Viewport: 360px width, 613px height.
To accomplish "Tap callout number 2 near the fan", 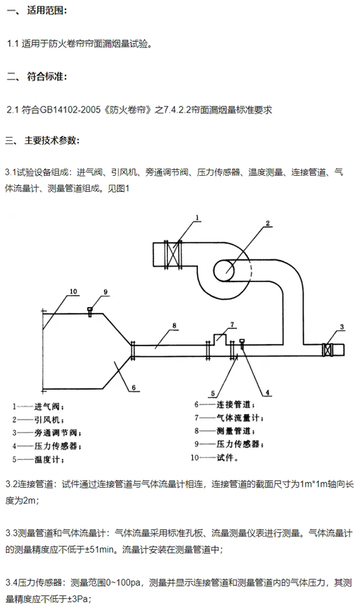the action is coord(268,224).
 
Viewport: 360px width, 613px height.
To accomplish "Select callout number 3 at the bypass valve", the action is coord(341,326).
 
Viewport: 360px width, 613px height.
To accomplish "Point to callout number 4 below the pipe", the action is coord(268,392).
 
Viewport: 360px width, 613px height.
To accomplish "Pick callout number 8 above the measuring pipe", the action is coord(175,326).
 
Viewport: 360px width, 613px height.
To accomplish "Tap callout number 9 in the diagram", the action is coord(105,292).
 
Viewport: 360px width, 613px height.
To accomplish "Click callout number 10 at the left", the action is coord(73,292).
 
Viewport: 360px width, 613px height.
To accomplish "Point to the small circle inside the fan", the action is coord(224,270).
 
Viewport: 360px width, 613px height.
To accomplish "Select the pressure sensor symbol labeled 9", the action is coord(90,311).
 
